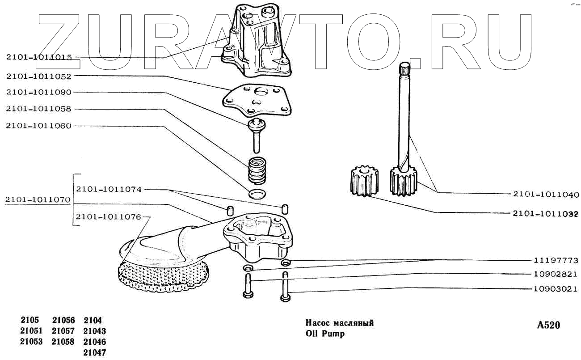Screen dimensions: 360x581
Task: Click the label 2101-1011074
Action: [109, 189]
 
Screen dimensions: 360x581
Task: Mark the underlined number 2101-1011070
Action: [38, 199]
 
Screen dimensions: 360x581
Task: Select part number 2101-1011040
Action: [546, 195]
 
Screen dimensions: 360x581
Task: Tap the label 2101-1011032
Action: [546, 213]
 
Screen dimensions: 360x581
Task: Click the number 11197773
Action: [556, 260]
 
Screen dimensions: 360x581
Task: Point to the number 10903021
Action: [556, 290]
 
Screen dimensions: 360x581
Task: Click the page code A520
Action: [548, 325]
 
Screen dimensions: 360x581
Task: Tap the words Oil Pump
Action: [325, 334]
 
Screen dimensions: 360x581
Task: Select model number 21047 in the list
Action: [94, 352]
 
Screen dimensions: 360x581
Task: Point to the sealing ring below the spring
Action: [257, 194]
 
